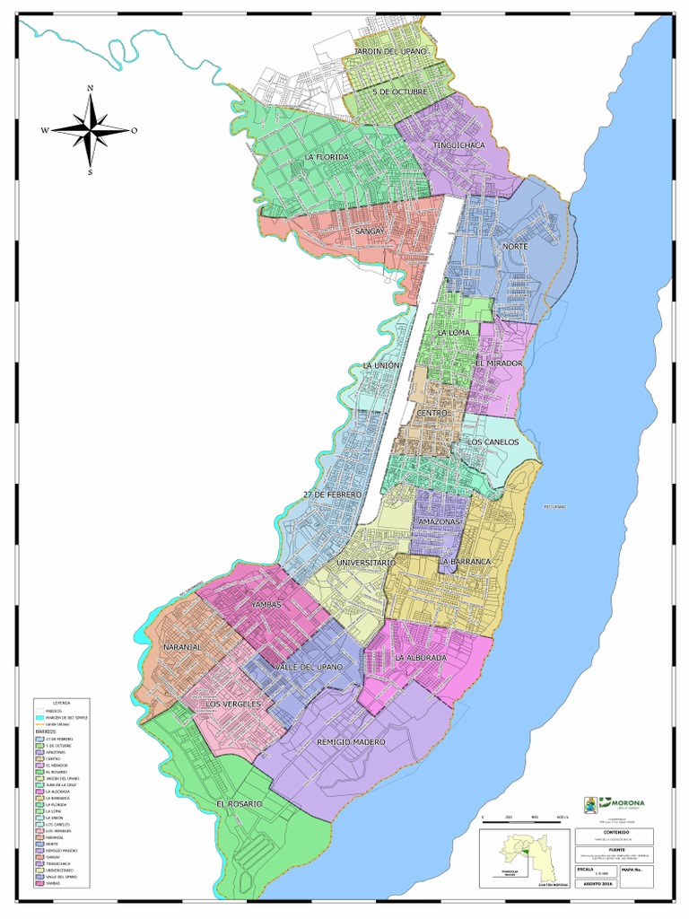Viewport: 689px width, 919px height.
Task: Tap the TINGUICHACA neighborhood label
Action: [458, 144]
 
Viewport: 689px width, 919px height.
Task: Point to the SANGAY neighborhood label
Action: [369, 232]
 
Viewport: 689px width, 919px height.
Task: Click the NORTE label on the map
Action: [515, 246]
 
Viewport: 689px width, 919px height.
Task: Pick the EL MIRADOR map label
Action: [499, 363]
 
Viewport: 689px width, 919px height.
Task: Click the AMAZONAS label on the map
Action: [439, 521]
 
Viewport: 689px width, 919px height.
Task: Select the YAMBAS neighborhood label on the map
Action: [266, 605]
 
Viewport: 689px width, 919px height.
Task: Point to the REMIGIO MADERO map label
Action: [351, 742]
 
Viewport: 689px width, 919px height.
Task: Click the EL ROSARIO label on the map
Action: [239, 804]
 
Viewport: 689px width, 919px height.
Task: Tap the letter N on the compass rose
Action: [90, 88]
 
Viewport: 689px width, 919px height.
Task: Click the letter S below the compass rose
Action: [90, 172]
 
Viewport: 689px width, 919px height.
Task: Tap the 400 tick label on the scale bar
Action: [536, 817]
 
